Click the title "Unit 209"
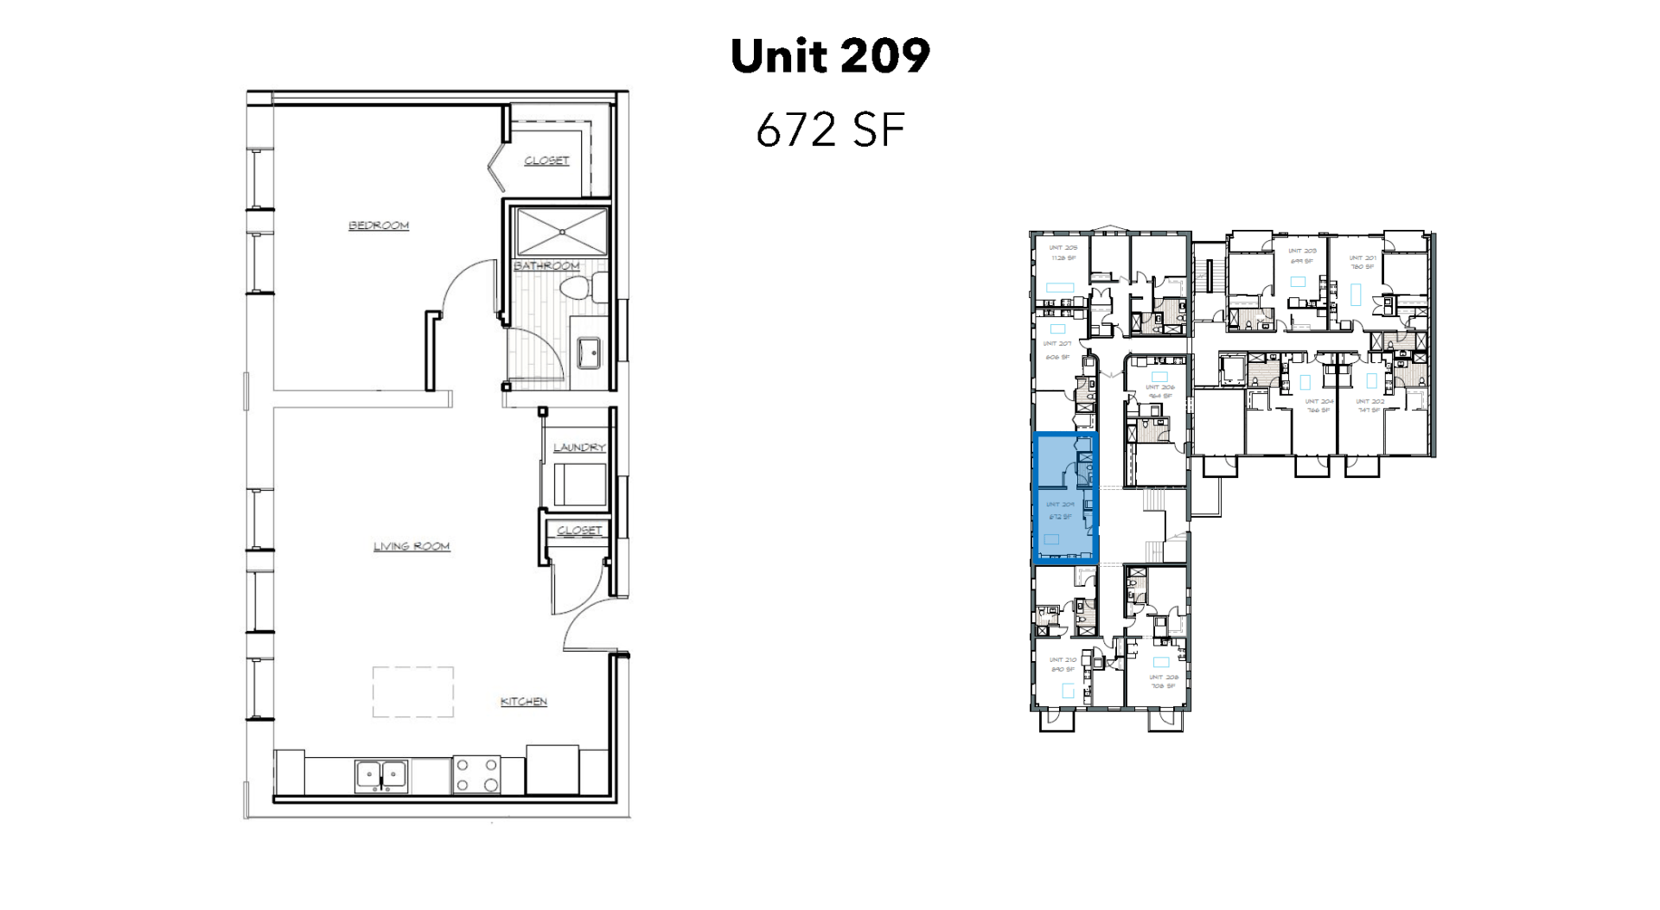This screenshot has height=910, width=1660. (830, 56)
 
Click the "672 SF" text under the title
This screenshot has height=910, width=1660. (830, 130)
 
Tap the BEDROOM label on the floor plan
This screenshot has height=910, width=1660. (379, 226)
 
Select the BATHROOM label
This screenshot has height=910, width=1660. (546, 265)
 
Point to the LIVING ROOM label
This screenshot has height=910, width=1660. (412, 546)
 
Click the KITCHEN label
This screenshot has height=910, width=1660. (524, 702)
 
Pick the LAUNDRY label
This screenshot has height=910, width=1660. (579, 447)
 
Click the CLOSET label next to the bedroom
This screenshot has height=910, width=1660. (546, 161)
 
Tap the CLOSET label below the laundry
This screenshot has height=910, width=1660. (579, 531)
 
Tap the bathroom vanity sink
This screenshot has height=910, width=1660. (591, 352)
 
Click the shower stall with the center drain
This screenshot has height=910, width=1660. (562, 231)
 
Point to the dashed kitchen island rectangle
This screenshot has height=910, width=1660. (413, 691)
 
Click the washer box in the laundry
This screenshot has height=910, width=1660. (579, 484)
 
